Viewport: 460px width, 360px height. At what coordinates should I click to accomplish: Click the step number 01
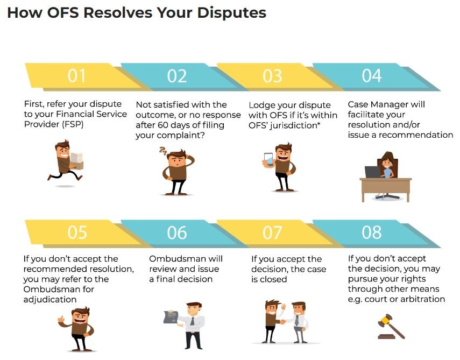[76, 76]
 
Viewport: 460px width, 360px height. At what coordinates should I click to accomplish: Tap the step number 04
[372, 76]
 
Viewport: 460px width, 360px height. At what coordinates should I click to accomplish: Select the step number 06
[177, 232]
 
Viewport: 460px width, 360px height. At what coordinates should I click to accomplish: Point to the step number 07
[273, 232]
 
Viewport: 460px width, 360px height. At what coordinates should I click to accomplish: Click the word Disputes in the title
[232, 12]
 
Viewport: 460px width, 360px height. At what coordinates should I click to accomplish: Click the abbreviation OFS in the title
[63, 12]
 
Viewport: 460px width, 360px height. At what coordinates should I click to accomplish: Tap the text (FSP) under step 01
[73, 124]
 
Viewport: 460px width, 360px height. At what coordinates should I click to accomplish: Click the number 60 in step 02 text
[163, 125]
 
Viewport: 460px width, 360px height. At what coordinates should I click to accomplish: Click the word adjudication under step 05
[50, 300]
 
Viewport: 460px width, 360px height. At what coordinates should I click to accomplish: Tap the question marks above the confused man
[163, 151]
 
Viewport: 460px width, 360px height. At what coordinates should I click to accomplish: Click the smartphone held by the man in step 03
[268, 160]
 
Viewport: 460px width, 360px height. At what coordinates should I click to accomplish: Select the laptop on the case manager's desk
[373, 172]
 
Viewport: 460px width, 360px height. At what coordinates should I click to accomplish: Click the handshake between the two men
[283, 322]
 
